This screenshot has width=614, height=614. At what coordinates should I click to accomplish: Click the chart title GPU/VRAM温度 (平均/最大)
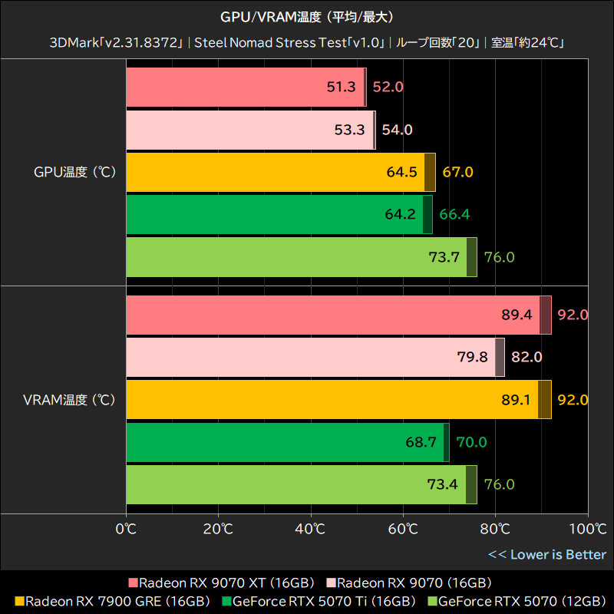(307, 16)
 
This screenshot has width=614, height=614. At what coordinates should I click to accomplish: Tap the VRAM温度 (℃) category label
(69, 400)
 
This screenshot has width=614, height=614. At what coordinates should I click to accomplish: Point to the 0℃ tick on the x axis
(126, 529)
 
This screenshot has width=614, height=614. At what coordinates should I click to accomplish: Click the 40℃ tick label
(310, 529)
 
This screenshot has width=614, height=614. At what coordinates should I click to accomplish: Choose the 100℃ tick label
(587, 529)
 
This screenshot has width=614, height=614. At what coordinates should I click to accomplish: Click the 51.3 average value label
(342, 87)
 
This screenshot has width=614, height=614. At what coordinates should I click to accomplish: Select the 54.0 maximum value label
(397, 130)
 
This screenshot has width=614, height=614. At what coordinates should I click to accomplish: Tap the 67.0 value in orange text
(457, 172)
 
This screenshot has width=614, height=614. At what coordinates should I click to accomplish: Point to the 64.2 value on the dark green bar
(400, 214)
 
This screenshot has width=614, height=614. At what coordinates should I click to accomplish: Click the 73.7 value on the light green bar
(444, 257)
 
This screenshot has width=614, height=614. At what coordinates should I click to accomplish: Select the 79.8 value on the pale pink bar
(472, 357)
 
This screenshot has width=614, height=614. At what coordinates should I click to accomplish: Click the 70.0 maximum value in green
(471, 442)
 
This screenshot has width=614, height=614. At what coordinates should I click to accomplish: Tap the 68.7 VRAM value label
(421, 442)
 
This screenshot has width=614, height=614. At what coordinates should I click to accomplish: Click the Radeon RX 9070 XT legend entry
(223, 583)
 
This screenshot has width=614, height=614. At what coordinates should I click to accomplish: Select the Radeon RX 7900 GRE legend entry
(111, 601)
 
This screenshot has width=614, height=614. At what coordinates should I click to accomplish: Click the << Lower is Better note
(547, 554)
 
